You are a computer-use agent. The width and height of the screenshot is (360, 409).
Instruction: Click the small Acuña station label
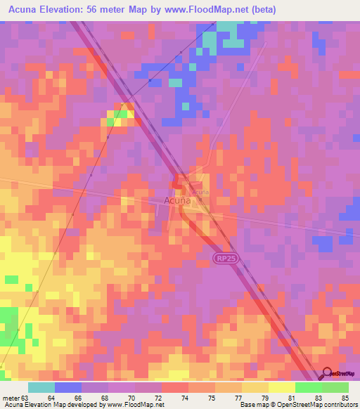click(200, 192)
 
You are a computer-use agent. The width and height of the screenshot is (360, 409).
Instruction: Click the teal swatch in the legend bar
click(41, 387)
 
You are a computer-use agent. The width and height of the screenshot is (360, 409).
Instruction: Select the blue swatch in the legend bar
click(68, 387)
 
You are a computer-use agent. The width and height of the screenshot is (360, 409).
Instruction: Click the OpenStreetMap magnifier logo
click(327, 373)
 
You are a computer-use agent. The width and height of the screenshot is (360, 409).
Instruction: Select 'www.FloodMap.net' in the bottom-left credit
click(136, 405)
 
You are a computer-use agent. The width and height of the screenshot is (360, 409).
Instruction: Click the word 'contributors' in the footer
click(337, 405)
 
